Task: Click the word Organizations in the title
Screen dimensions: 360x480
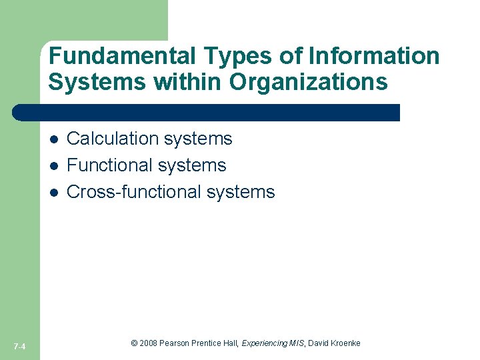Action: (309, 82)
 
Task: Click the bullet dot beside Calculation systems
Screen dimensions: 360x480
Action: (55, 139)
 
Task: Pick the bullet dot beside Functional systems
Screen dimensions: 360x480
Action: (55, 166)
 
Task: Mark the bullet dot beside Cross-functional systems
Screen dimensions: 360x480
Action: (55, 193)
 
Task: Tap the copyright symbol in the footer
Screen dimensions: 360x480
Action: (134, 343)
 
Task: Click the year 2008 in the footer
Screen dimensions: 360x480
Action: (149, 343)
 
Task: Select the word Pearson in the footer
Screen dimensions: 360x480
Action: (174, 343)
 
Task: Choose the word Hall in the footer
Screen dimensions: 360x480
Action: (230, 343)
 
